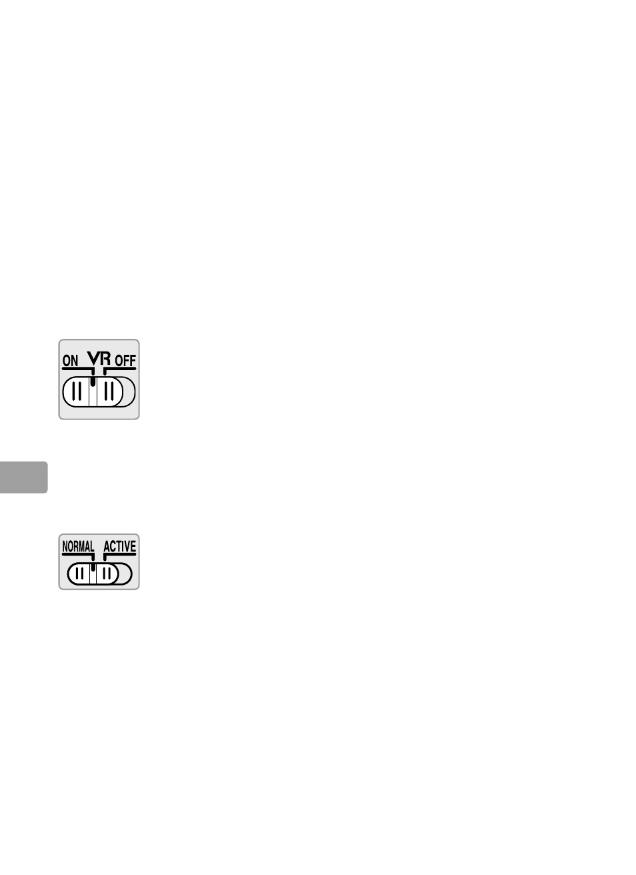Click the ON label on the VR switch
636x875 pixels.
[70, 361]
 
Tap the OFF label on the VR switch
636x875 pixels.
[125, 361]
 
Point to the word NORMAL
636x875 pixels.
[78, 547]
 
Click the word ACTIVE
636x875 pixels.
[120, 547]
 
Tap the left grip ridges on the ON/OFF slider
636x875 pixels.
[77, 391]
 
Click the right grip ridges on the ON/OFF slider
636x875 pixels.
[109, 391]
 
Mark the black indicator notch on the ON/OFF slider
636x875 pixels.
[93, 382]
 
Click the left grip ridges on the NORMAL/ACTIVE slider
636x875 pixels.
[79, 574]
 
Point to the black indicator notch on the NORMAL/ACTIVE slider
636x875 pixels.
[93, 568]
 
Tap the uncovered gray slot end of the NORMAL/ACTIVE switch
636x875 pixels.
[125, 574]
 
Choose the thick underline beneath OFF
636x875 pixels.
[121, 368]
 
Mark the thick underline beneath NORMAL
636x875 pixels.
[77, 554]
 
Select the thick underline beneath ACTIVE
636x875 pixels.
[120, 554]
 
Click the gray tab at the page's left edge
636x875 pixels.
[23, 477]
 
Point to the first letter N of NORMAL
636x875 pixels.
[65, 547]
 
